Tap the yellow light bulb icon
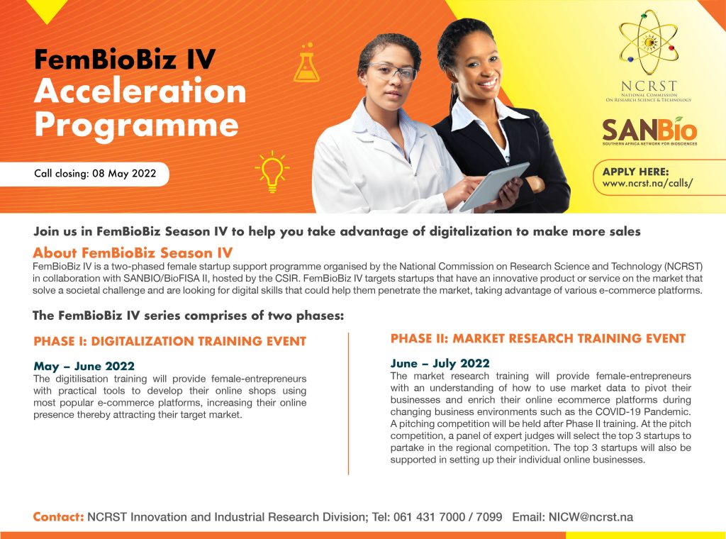click(x=272, y=172)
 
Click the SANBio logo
click(x=649, y=131)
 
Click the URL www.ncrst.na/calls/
click(x=647, y=184)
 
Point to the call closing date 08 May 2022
click(x=124, y=174)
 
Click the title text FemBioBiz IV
click(x=125, y=60)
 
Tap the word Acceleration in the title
click(x=140, y=91)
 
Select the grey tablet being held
click(x=494, y=186)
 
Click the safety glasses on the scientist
click(x=392, y=72)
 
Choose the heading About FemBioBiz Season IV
click(x=133, y=252)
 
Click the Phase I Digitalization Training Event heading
click(x=170, y=341)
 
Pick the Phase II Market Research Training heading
click(x=537, y=338)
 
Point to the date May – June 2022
click(x=84, y=366)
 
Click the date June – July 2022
click(x=440, y=364)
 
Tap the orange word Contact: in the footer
click(x=58, y=517)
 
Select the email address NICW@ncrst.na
click(x=591, y=517)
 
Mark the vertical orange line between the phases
click(x=348, y=404)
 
